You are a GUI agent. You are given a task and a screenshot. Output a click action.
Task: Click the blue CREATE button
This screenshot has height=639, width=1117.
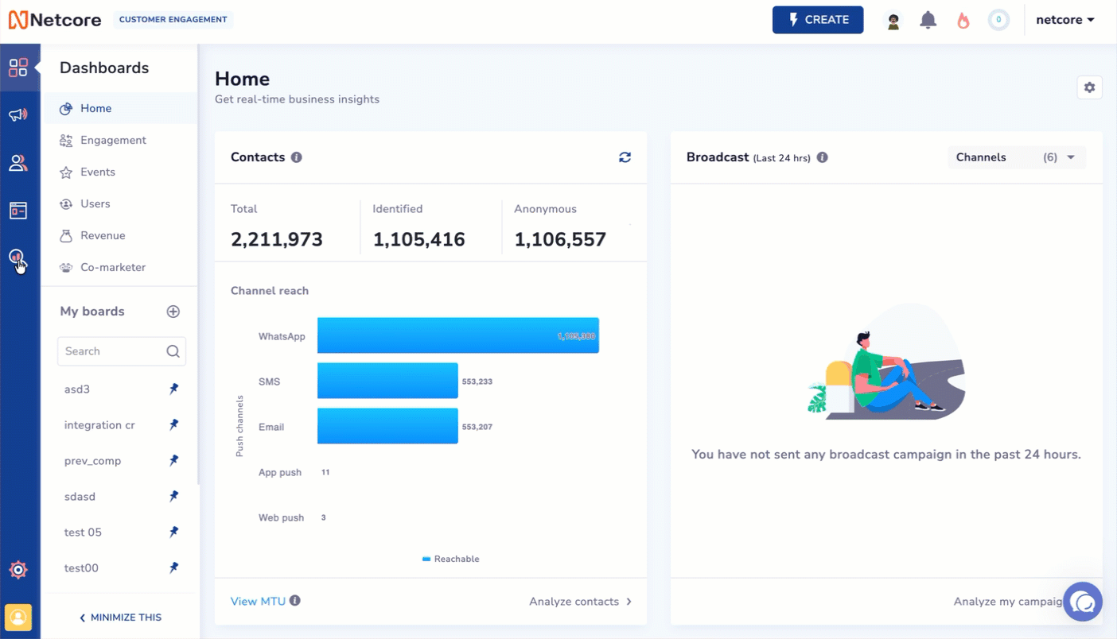click(818, 20)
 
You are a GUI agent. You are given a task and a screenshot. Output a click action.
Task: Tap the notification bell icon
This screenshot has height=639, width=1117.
click(928, 20)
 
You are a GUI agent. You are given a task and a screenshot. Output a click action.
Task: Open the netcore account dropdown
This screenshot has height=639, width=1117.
click(1064, 20)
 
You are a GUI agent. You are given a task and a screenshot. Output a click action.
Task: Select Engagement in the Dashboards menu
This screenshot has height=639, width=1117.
click(113, 141)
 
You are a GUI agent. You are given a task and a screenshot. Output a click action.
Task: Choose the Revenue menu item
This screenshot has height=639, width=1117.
click(103, 236)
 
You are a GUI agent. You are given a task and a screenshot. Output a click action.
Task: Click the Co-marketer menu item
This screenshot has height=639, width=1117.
click(112, 268)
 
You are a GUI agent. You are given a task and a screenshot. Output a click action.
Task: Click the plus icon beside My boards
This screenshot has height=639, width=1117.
click(173, 312)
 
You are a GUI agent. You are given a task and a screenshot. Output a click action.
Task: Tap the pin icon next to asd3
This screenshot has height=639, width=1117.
click(173, 389)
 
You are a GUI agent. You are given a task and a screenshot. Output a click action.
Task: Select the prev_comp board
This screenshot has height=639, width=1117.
click(92, 461)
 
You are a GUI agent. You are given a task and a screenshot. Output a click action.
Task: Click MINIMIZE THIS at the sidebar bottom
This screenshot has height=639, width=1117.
click(121, 618)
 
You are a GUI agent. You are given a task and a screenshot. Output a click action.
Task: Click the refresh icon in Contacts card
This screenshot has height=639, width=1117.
click(625, 157)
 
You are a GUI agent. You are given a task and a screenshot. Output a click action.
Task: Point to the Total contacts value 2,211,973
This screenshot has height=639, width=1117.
click(277, 239)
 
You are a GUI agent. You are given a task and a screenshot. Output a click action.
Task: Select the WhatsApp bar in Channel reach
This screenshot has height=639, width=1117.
click(457, 336)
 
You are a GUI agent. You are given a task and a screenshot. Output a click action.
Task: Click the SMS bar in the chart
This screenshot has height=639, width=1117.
click(387, 381)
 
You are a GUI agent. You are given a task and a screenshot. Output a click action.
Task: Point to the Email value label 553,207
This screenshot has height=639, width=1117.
click(477, 428)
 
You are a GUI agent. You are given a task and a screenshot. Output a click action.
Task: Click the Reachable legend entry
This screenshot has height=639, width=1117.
click(451, 560)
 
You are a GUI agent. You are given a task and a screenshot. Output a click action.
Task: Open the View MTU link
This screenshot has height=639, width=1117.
click(258, 602)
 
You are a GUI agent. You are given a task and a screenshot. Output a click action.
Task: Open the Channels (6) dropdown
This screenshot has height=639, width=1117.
click(1016, 157)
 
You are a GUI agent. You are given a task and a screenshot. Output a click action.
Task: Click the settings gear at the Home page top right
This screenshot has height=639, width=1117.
click(1089, 87)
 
